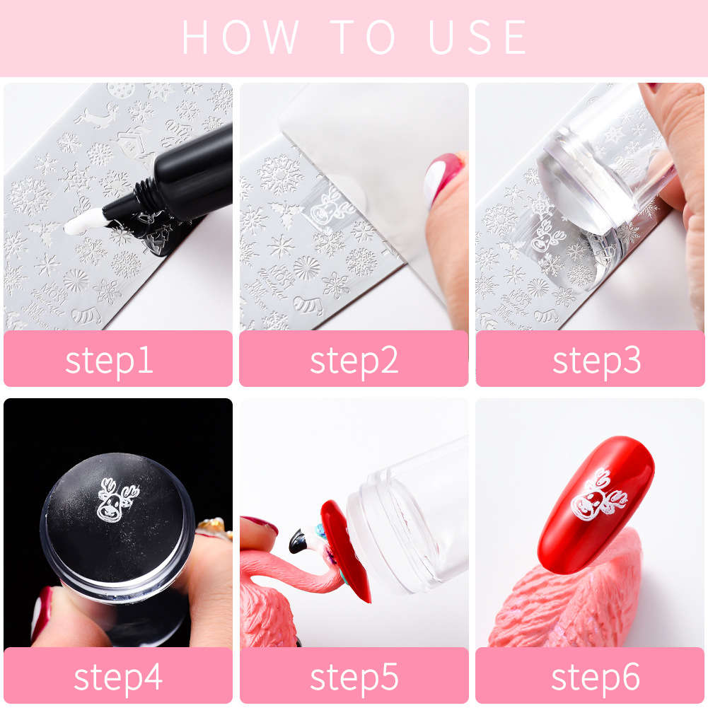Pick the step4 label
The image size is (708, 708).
point(117,677)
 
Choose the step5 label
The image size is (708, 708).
point(354,677)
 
